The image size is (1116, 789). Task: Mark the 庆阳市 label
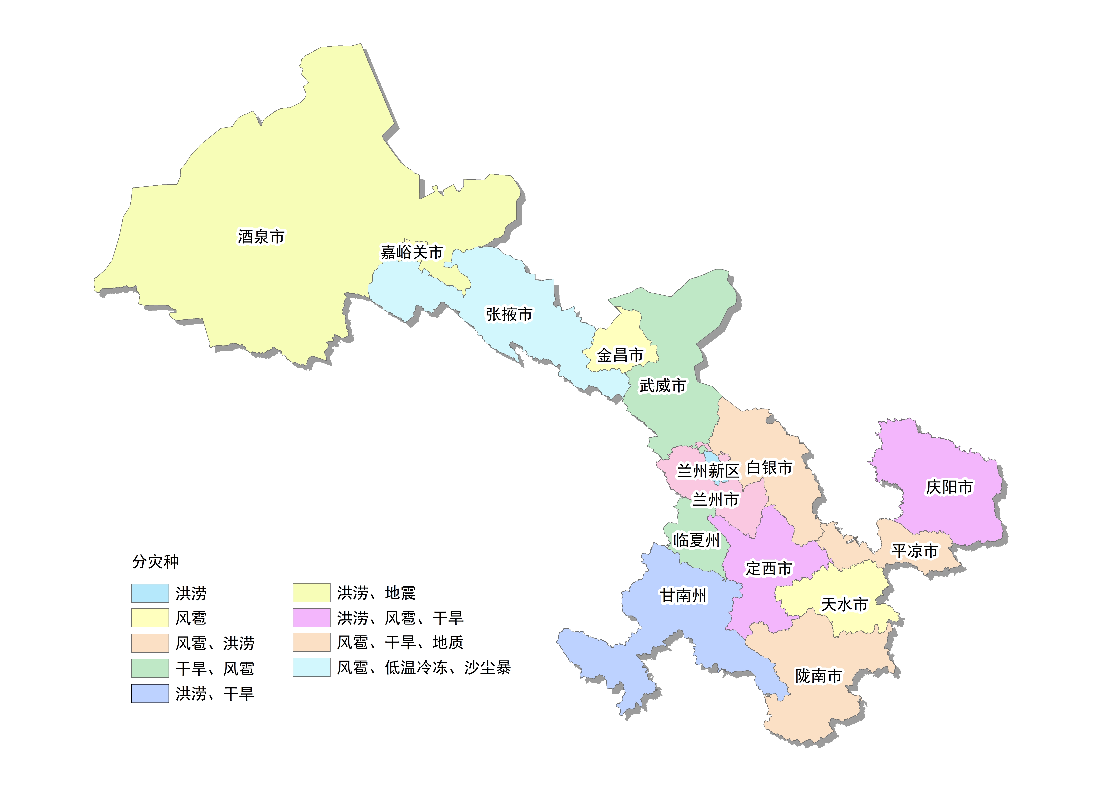coord(949,487)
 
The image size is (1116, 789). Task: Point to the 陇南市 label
coord(819,676)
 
